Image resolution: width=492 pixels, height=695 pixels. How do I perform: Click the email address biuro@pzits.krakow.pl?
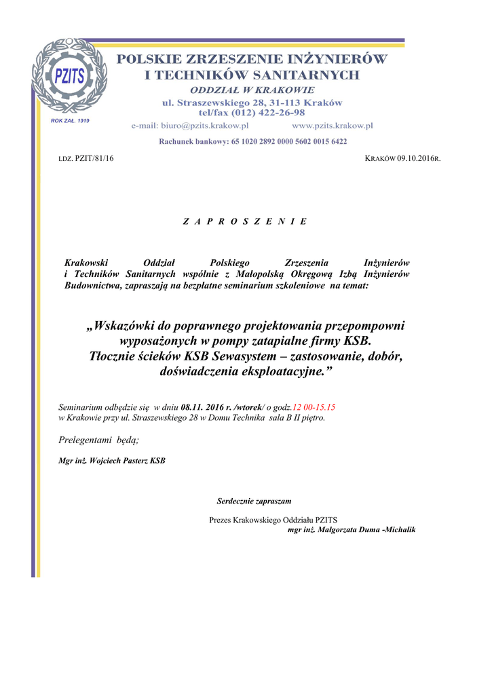[x=190, y=126]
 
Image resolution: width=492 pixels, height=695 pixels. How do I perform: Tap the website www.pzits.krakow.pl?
[x=333, y=126]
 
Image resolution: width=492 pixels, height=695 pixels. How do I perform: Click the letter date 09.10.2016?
[x=416, y=158]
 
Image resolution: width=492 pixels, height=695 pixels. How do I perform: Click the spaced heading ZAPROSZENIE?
[x=245, y=221]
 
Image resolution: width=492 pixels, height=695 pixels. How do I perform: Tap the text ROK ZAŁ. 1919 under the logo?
[x=71, y=120]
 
